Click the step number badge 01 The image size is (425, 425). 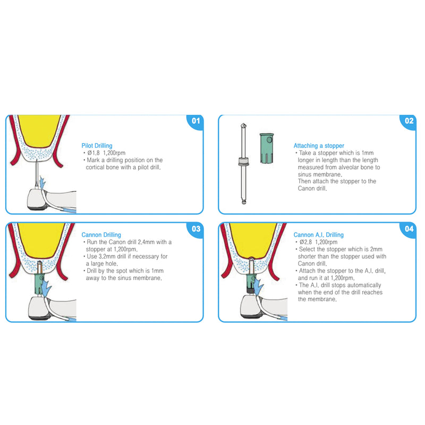(196, 121)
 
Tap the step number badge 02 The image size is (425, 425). (409, 121)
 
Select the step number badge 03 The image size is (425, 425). (196, 228)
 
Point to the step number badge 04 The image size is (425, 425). (409, 228)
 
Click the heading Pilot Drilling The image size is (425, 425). (97, 145)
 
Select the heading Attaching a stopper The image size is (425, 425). (319, 145)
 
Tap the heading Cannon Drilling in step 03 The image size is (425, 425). (101, 234)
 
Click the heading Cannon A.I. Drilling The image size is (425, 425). (319, 234)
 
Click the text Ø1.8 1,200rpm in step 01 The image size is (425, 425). (106, 153)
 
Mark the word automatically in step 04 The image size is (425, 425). (363, 285)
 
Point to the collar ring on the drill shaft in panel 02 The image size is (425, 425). (243, 161)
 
